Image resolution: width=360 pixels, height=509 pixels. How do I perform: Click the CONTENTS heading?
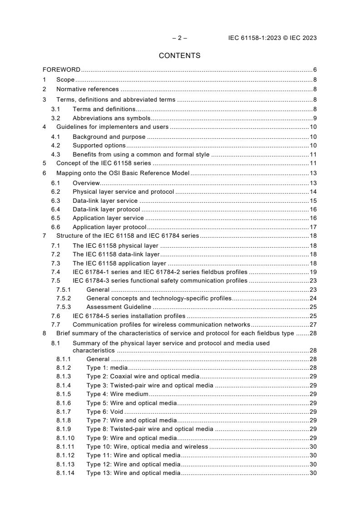(x=179, y=56)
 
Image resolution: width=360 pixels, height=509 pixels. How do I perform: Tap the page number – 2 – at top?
(x=179, y=38)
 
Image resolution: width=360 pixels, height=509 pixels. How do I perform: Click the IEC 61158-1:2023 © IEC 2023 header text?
(x=272, y=38)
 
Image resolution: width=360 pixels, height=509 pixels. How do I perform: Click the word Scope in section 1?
(x=65, y=79)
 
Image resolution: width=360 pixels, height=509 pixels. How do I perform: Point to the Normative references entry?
(x=87, y=89)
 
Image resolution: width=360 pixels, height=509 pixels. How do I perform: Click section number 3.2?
(x=55, y=118)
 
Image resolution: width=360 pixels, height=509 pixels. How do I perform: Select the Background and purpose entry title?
(x=109, y=137)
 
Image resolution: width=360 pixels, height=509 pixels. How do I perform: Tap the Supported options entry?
(x=99, y=146)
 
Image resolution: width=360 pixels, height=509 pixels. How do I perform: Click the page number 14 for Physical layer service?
(x=313, y=192)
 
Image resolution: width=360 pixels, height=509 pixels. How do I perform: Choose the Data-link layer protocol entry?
(x=106, y=210)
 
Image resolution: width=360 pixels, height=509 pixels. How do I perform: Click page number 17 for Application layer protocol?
(x=313, y=227)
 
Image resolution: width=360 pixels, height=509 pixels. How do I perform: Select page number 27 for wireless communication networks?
(x=313, y=325)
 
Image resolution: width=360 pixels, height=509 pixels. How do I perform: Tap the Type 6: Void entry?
(x=104, y=411)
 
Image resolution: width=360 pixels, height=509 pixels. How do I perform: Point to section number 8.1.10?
(x=65, y=438)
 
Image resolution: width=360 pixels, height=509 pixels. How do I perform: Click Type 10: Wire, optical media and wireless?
(x=147, y=447)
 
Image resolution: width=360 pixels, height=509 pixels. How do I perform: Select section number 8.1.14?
(x=65, y=473)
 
